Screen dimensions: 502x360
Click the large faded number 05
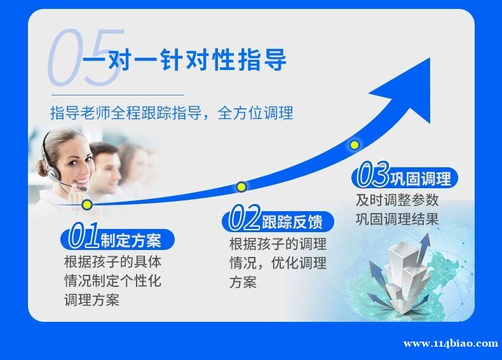pyautogui.click(x=86, y=58)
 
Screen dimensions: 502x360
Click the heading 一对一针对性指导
pyautogui.click(x=184, y=60)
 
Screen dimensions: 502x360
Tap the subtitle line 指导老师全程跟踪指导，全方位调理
pyautogui.click(x=172, y=113)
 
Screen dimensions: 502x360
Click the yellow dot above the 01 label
pyautogui.click(x=87, y=205)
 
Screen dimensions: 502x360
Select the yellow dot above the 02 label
pyautogui.click(x=241, y=186)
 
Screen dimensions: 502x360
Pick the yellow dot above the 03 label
pyautogui.click(x=354, y=145)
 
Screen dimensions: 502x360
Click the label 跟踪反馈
pyautogui.click(x=292, y=222)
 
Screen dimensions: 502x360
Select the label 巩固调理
pyautogui.click(x=421, y=179)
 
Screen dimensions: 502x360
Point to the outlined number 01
pyautogui.click(x=84, y=235)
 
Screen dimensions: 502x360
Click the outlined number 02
pyautogui.click(x=245, y=218)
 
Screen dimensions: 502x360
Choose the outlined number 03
pyautogui.click(x=373, y=175)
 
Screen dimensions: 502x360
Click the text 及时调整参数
pyautogui.click(x=397, y=200)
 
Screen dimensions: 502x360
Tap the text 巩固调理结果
pyautogui.click(x=397, y=219)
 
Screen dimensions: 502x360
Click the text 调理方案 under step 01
pyautogui.click(x=92, y=300)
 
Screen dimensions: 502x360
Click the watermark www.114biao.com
pyautogui.click(x=451, y=343)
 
